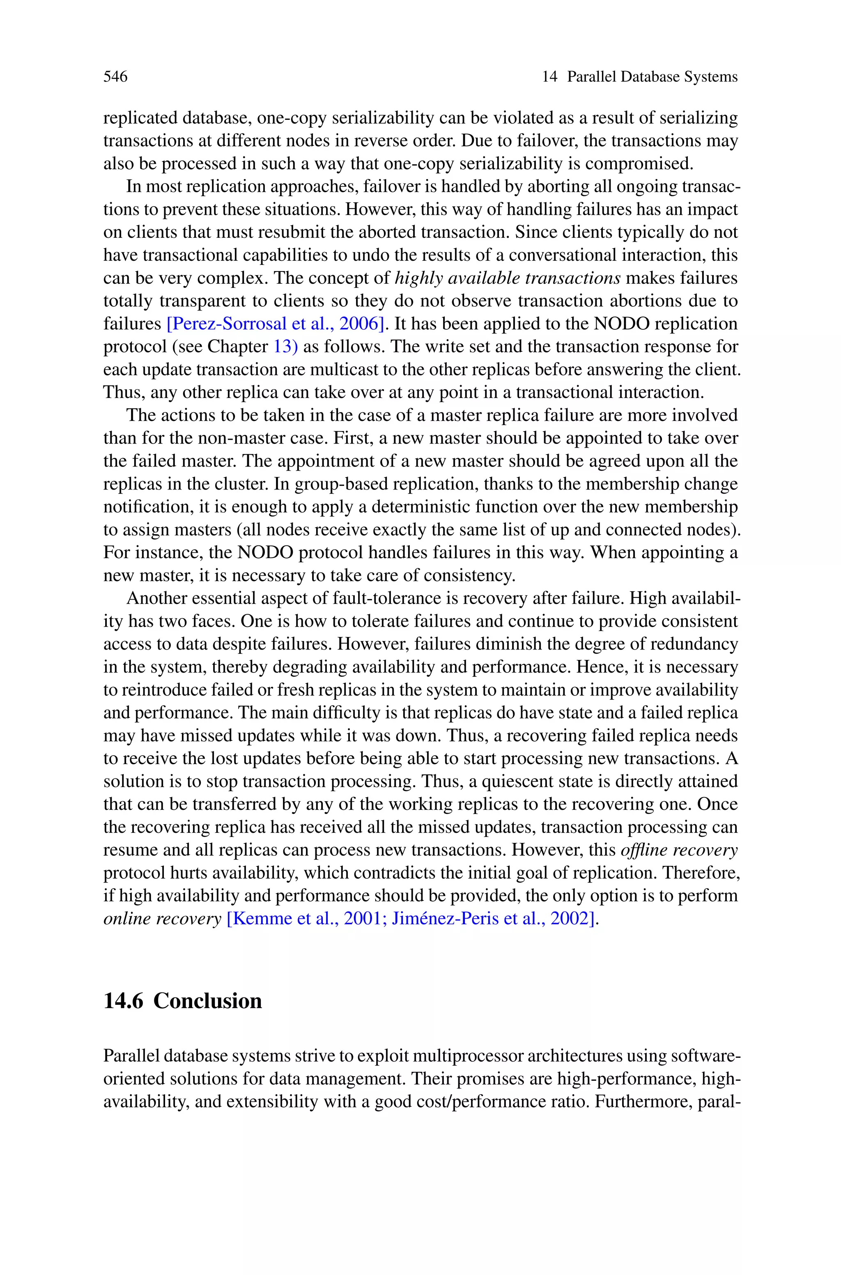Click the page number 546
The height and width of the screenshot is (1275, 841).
click(x=115, y=77)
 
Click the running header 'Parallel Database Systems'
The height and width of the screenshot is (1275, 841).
click(x=652, y=77)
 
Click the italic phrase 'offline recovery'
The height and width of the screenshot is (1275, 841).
click(x=679, y=850)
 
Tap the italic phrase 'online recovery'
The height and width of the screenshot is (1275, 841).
click(x=162, y=919)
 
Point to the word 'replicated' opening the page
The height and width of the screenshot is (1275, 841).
click(x=140, y=118)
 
